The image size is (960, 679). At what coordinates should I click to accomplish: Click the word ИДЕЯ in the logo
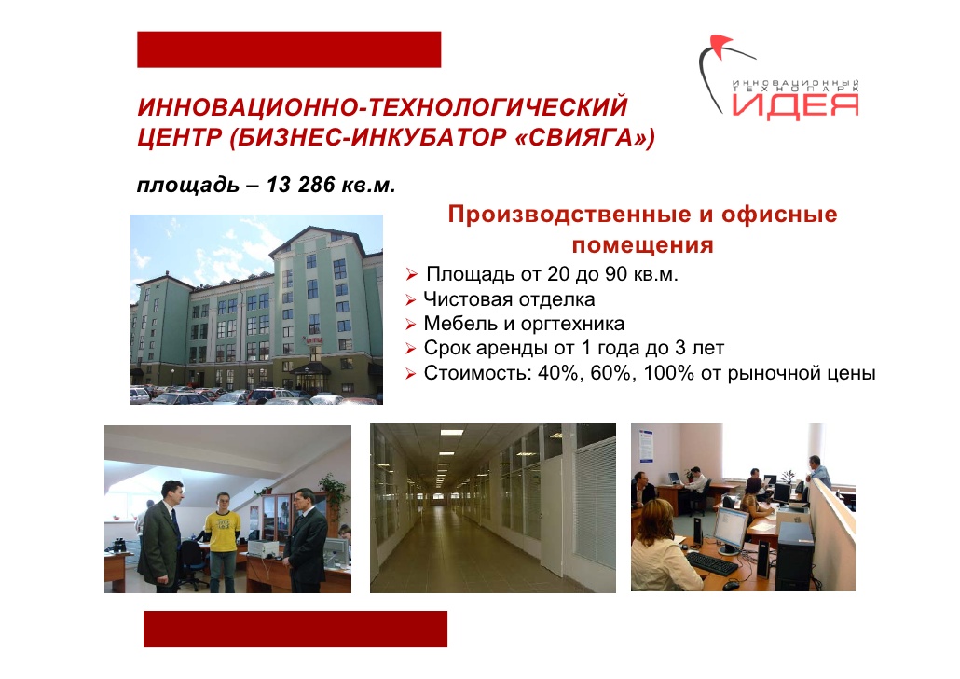click(795, 104)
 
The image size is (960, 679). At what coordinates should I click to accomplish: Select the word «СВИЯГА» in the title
click(585, 137)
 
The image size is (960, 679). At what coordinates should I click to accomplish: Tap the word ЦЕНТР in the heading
click(179, 137)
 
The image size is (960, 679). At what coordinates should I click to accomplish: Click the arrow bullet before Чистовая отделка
click(411, 299)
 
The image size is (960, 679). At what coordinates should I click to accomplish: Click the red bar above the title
click(289, 49)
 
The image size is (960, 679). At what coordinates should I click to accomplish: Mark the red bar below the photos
click(295, 629)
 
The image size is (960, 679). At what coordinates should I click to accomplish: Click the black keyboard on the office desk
click(712, 563)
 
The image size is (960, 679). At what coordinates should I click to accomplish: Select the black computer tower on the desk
click(795, 555)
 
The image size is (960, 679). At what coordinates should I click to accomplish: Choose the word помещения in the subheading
click(643, 245)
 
